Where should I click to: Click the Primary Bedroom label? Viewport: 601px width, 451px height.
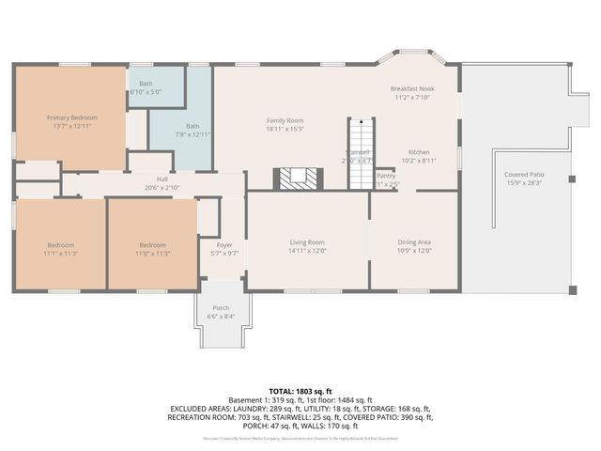pos(72,117)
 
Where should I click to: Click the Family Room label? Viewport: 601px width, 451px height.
pos(285,120)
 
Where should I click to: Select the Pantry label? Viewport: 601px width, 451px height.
pos(386,175)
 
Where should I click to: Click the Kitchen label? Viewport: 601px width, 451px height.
pos(419,151)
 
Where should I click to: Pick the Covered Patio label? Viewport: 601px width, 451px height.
pos(524,175)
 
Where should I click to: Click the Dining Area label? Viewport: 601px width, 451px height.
pos(414,242)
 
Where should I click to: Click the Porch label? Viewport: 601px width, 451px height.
pos(221,308)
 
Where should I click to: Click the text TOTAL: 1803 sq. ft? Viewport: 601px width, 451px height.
pos(300,390)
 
